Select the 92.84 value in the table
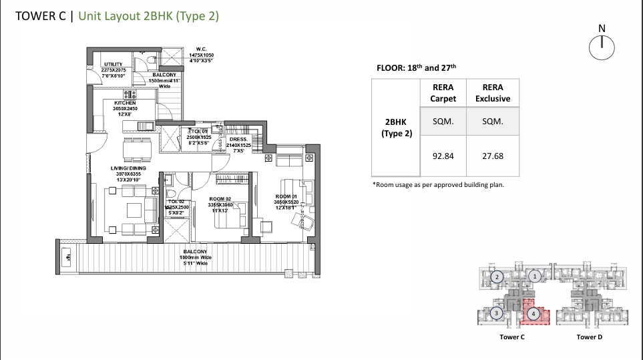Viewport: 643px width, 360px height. [443, 156]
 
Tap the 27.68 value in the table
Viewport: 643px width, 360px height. [492, 156]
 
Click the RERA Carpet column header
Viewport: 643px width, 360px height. [443, 93]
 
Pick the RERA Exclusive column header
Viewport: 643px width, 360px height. [492, 93]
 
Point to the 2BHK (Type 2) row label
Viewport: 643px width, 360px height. [397, 128]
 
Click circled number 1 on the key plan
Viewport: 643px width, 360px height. [533, 275]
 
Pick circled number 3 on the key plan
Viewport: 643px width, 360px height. [496, 313]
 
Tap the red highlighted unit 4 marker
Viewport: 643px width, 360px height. [533, 313]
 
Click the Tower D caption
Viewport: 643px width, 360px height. [589, 337]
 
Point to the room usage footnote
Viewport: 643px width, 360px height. [438, 184]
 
